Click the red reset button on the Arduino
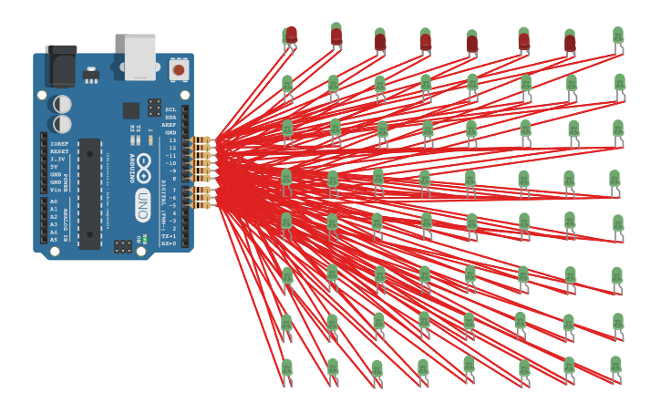(x=179, y=69)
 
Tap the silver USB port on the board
(x=140, y=57)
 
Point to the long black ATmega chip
(x=89, y=193)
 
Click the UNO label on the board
(x=143, y=205)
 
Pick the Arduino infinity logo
(x=144, y=168)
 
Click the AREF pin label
(x=170, y=125)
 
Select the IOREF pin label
(x=58, y=144)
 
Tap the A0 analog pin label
(x=54, y=201)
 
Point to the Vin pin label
(x=56, y=190)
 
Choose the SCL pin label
(x=170, y=109)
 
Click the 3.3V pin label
(x=57, y=160)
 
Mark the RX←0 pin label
(x=169, y=243)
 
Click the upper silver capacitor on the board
(x=62, y=104)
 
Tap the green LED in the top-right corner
(x=618, y=36)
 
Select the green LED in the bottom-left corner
(x=287, y=367)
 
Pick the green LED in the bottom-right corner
(x=616, y=365)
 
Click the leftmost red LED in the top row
(x=291, y=35)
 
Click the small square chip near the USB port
(x=131, y=110)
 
